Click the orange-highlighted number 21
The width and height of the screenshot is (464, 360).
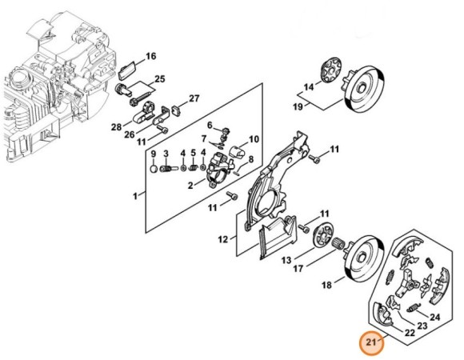(371, 342)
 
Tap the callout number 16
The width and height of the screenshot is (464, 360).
(151, 56)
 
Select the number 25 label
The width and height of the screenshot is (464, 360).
(160, 79)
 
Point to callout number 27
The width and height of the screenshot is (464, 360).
(194, 98)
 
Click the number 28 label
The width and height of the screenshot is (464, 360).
(116, 127)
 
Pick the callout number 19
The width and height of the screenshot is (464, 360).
(298, 106)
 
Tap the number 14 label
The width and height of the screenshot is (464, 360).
(309, 87)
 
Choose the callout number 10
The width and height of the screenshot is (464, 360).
(254, 138)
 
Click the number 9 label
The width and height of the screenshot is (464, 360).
(154, 154)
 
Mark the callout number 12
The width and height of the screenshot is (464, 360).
(223, 239)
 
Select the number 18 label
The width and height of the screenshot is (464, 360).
(326, 285)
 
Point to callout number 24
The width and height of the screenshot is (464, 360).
(434, 318)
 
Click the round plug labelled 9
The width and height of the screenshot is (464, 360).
(154, 169)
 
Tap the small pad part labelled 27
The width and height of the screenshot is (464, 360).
(176, 110)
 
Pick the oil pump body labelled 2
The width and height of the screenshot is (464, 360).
(219, 171)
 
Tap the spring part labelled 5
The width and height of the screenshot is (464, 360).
(194, 168)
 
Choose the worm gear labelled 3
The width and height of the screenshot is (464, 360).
(168, 169)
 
